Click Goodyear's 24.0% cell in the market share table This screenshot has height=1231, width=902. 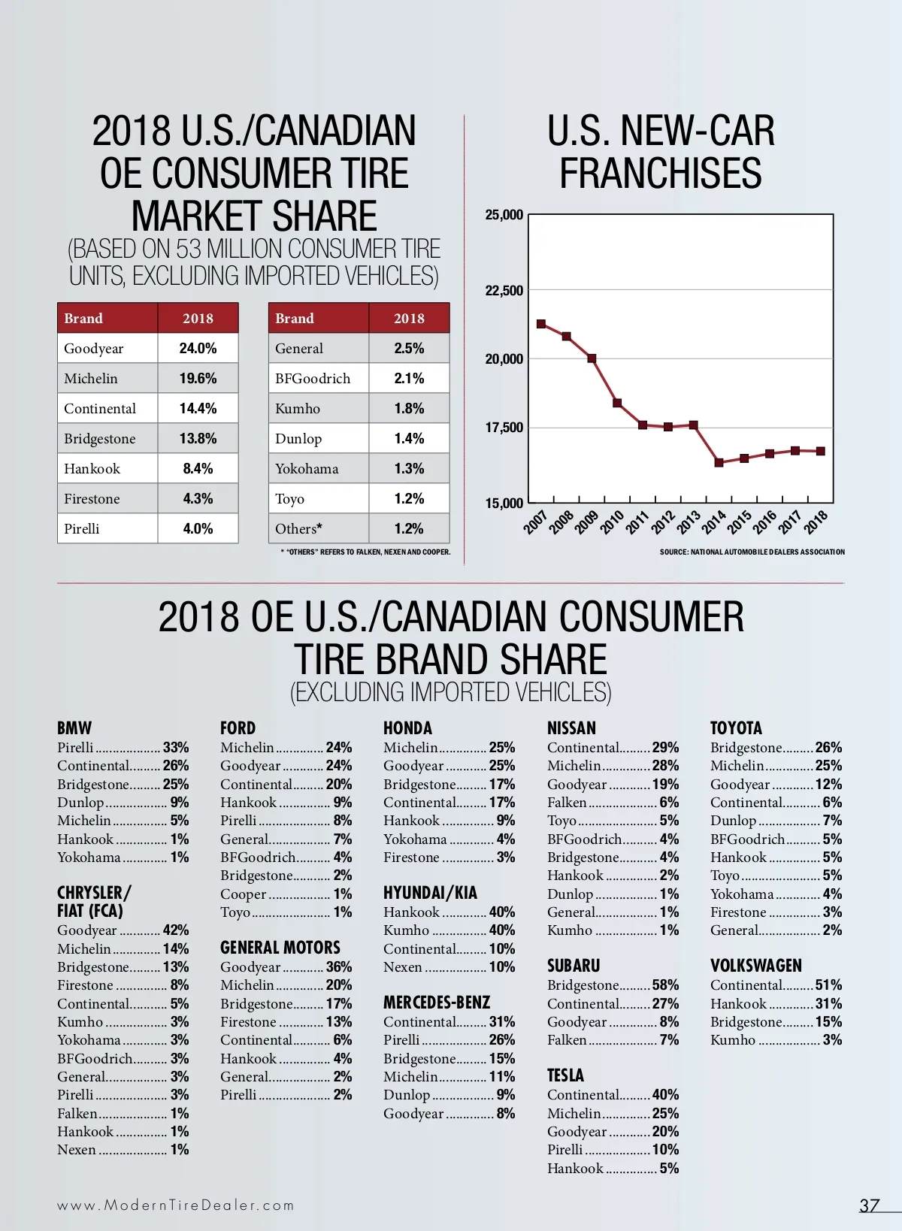(198, 348)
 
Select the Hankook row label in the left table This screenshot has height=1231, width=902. (92, 469)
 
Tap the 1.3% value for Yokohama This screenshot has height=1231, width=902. (409, 469)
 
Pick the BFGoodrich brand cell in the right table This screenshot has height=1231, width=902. (313, 379)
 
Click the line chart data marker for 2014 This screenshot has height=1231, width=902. (719, 462)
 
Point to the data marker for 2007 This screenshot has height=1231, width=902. (541, 324)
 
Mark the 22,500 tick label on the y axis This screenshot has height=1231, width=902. (504, 291)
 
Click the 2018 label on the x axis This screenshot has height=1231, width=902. (816, 521)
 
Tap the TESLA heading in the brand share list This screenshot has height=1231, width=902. (565, 1075)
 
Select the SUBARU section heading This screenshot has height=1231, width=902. (574, 966)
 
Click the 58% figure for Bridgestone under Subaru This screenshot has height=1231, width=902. (665, 985)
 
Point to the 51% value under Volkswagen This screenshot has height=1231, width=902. (828, 985)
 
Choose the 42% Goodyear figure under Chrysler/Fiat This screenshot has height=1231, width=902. (176, 930)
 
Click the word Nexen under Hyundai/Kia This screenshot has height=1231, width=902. (403, 967)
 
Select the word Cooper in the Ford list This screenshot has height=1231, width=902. (244, 894)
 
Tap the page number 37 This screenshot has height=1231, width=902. (870, 1205)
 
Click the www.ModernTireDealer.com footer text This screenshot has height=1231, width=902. (176, 1205)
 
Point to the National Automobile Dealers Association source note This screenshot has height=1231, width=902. (752, 552)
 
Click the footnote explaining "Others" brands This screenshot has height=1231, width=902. (365, 552)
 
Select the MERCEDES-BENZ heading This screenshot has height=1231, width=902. (437, 1003)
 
